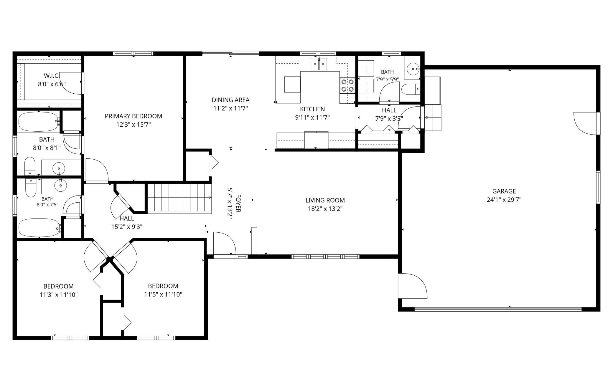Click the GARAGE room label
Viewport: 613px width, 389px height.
(504, 191)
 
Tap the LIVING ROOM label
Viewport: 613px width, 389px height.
(325, 200)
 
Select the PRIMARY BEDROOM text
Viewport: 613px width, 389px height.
(134, 116)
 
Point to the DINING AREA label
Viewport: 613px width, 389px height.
(230, 100)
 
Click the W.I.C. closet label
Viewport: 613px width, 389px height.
(52, 75)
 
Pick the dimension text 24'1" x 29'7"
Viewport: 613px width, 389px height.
(504, 200)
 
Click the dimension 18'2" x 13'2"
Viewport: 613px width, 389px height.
(325, 209)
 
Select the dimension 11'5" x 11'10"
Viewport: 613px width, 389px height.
(163, 294)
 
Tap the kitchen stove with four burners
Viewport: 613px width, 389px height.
(347, 85)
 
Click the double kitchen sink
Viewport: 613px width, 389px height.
(319, 64)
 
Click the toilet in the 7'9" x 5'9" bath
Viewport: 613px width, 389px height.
(411, 89)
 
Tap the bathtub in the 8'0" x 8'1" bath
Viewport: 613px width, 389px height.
(39, 121)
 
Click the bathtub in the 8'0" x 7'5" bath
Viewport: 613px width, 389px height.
(39, 227)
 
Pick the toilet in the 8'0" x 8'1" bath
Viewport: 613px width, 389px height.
(30, 167)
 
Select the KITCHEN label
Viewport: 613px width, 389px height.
(312, 109)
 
